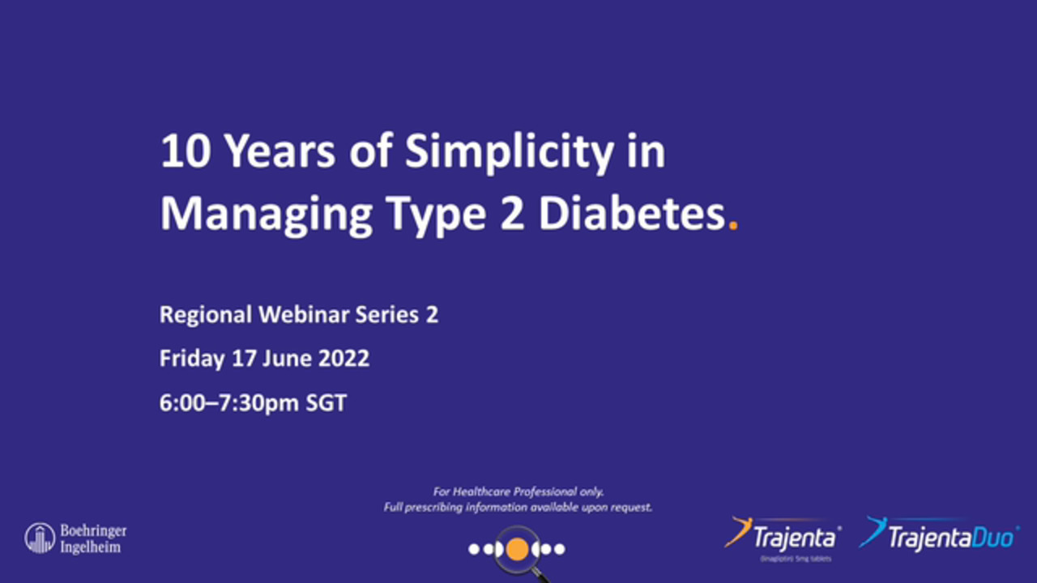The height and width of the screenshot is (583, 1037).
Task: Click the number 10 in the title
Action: [185, 151]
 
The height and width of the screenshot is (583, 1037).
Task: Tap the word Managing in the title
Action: [267, 215]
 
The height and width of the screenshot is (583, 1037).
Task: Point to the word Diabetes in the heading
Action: [631, 215]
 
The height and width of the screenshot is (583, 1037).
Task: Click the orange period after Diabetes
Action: [733, 228]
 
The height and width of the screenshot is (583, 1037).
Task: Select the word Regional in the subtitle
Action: [206, 315]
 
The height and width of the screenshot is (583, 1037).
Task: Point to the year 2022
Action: [341, 359]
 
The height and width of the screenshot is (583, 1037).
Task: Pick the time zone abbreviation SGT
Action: [326, 403]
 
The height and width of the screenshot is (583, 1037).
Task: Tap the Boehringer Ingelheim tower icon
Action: [39, 538]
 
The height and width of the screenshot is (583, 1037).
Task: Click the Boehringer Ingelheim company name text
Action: [93, 538]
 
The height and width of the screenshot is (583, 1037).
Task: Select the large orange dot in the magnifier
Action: [517, 549]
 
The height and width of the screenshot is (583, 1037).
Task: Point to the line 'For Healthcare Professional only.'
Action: [518, 492]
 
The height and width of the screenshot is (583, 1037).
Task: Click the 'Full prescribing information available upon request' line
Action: [518, 508]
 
